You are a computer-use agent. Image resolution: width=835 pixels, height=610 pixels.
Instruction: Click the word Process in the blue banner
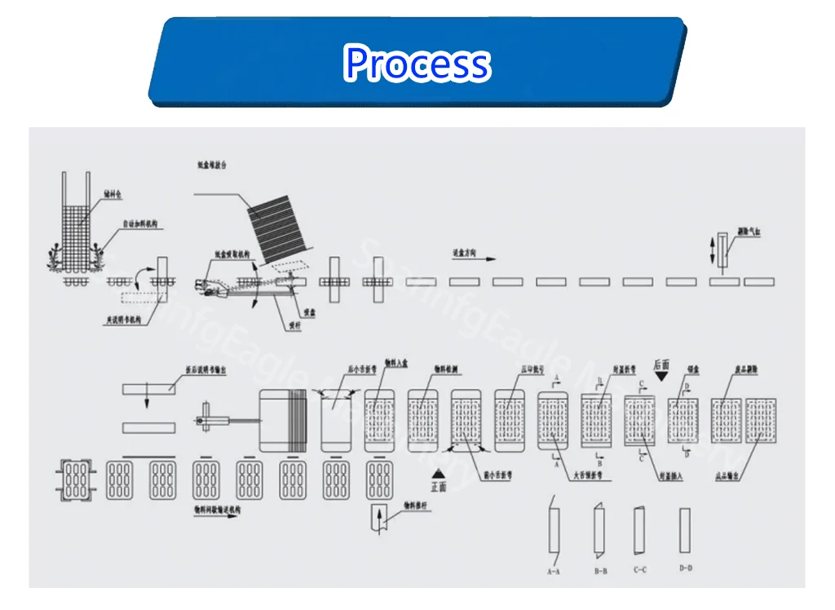pos(417,64)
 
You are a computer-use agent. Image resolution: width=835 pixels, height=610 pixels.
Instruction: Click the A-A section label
pos(553,572)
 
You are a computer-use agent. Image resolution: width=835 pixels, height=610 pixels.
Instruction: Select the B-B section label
pos(600,571)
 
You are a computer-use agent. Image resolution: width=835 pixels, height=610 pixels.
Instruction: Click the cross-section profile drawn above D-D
pos(685,530)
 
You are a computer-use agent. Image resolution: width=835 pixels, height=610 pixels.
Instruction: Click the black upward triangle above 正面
pos(439,474)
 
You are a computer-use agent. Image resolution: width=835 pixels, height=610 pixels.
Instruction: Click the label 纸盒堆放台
pos(211,165)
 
